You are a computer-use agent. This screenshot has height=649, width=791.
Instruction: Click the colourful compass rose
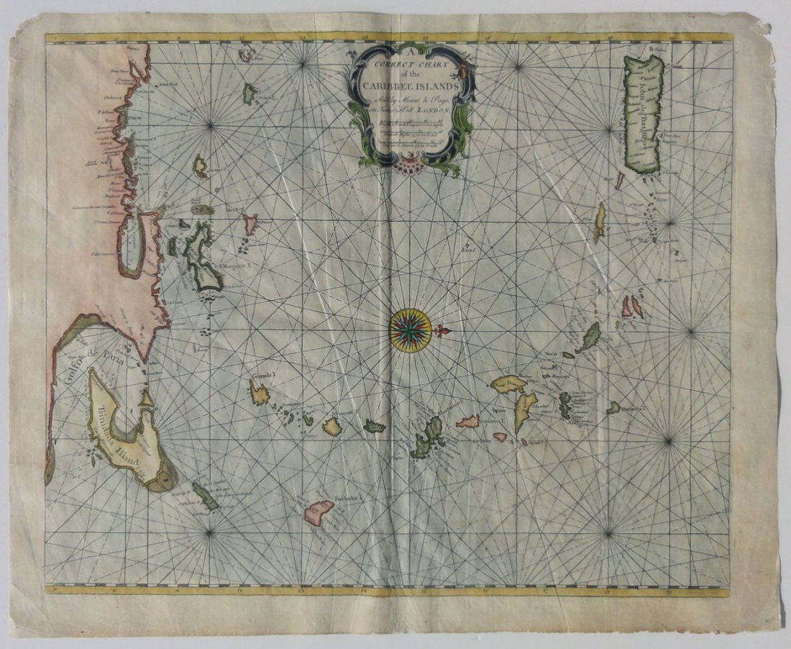[411, 330]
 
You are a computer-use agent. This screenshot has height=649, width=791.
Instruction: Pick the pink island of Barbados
[319, 512]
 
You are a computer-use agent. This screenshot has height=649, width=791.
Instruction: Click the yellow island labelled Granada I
[259, 394]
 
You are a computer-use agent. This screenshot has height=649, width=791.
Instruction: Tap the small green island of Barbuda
[613, 407]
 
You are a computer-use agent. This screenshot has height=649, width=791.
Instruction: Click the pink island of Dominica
[468, 422]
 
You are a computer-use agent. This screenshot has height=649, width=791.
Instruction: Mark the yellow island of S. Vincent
[332, 427]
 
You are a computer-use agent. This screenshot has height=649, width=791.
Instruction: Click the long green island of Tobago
[205, 496]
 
